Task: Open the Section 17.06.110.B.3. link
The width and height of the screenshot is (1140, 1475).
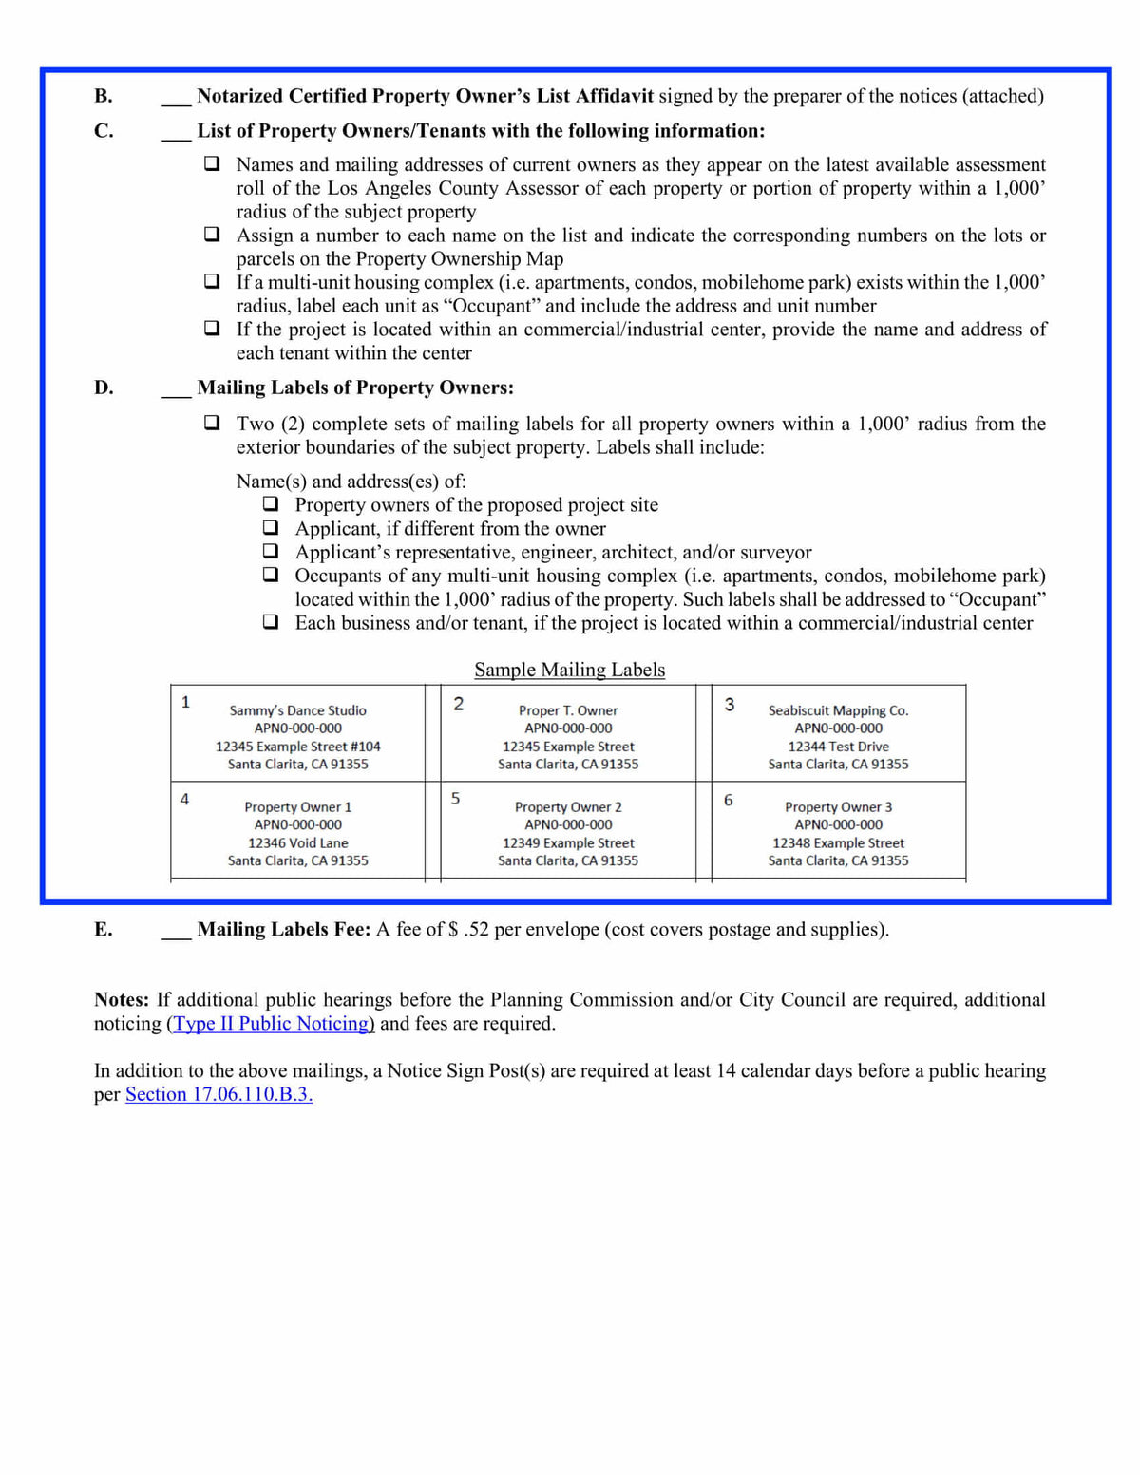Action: [x=218, y=1094]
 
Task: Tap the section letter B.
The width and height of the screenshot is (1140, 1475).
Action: [x=104, y=96]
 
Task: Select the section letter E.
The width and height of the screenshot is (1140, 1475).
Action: [x=104, y=930]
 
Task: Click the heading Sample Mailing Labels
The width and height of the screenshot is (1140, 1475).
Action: [x=569, y=670]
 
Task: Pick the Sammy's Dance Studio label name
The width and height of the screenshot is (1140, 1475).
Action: [x=297, y=710]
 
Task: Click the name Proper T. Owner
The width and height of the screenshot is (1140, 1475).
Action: [x=568, y=710]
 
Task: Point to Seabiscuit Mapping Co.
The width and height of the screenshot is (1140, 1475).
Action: [x=838, y=710]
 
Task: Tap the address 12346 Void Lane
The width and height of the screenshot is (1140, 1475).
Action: [x=297, y=843]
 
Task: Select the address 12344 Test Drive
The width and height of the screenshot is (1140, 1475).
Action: [x=838, y=747]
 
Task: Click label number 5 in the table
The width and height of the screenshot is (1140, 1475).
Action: [x=456, y=799]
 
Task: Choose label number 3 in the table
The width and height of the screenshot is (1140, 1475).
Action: [x=730, y=705]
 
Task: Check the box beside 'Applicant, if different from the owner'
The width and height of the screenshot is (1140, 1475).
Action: [x=271, y=528]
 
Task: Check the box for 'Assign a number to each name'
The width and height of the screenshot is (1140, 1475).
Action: [x=212, y=235]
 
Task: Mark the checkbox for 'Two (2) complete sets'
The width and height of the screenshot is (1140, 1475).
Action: [x=212, y=423]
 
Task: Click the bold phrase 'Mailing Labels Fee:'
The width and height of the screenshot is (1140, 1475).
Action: [x=283, y=930]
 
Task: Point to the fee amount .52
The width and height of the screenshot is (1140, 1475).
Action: [x=476, y=930]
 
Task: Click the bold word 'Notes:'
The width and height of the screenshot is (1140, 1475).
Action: [x=122, y=1000]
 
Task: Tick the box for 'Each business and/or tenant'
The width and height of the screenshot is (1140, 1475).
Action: [x=271, y=622]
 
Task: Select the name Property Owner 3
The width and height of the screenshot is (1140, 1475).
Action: [x=838, y=807]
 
